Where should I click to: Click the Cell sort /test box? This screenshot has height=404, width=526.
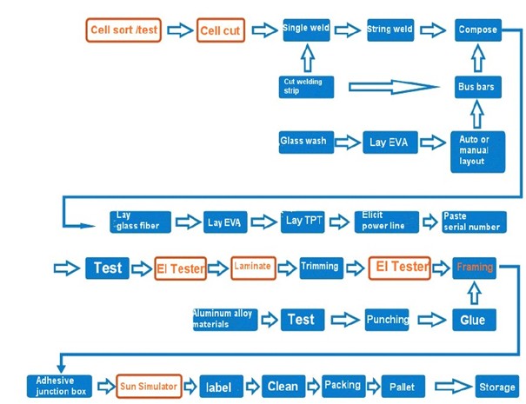point(123,30)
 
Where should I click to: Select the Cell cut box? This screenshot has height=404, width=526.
point(220,30)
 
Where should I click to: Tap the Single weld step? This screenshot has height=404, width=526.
point(306,30)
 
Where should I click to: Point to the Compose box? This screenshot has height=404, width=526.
point(478,30)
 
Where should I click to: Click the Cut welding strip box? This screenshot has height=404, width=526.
point(306,87)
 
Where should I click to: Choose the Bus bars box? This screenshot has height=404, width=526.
point(478,87)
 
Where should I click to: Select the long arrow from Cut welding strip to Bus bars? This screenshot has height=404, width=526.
point(394,87)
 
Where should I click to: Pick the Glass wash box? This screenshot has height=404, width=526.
point(306,142)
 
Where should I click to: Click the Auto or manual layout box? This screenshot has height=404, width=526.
point(477,151)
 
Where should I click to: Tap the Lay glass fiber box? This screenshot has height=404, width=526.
point(140,222)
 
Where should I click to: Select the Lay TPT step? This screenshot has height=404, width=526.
point(303,222)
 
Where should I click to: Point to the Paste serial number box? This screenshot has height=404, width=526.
point(474,222)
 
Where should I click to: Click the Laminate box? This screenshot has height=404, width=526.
point(253,268)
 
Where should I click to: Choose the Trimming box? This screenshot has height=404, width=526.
point(322,268)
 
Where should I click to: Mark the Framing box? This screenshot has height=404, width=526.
point(474,268)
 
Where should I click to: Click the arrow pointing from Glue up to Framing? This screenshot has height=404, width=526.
point(474,293)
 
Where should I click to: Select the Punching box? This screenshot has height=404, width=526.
point(387,320)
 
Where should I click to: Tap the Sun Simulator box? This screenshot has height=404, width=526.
point(149,387)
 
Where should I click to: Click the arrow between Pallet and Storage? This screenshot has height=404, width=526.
point(453,387)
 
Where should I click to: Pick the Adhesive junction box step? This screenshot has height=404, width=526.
point(59,387)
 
